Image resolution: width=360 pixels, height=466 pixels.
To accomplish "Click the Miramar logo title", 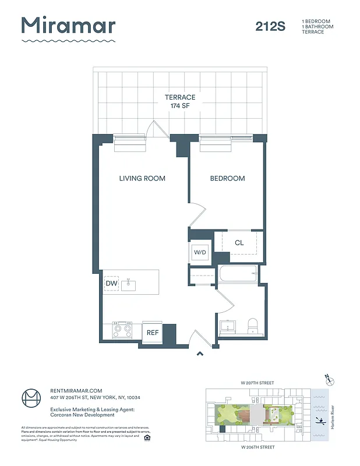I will [68, 26].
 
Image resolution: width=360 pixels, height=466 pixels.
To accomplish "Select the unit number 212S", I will [270, 26].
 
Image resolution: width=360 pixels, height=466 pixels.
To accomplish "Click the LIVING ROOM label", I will [142, 178].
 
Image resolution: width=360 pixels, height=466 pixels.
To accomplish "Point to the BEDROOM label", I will [227, 178].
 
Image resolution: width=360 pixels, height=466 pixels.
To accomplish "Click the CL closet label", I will [239, 243].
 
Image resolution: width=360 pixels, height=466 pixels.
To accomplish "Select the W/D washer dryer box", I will [200, 253].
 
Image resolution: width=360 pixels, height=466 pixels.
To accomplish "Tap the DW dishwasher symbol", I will [111, 284].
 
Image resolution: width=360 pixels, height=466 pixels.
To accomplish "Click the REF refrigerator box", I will [152, 333].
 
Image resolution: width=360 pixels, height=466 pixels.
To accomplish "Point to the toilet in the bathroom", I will [253, 327].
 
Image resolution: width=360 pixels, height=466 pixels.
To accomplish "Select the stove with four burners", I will [122, 330].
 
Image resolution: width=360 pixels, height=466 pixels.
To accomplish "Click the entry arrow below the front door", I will [200, 352].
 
